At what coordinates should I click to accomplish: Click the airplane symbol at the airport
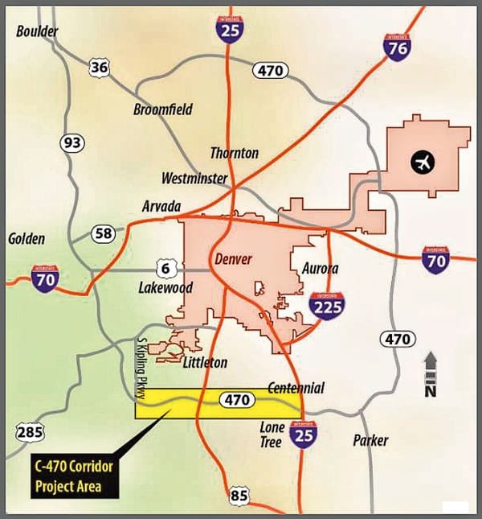tap(422, 162)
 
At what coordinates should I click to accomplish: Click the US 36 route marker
tap(99, 68)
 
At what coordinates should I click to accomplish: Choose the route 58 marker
tap(104, 234)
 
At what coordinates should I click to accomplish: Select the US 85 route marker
tap(239, 496)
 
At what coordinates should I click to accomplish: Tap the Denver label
tap(234, 259)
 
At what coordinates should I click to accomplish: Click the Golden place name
tap(27, 239)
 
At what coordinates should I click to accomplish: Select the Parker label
tap(370, 440)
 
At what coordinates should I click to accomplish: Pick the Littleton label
tap(205, 362)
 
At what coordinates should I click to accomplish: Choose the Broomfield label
tap(163, 109)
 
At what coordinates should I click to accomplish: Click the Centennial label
tap(296, 388)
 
